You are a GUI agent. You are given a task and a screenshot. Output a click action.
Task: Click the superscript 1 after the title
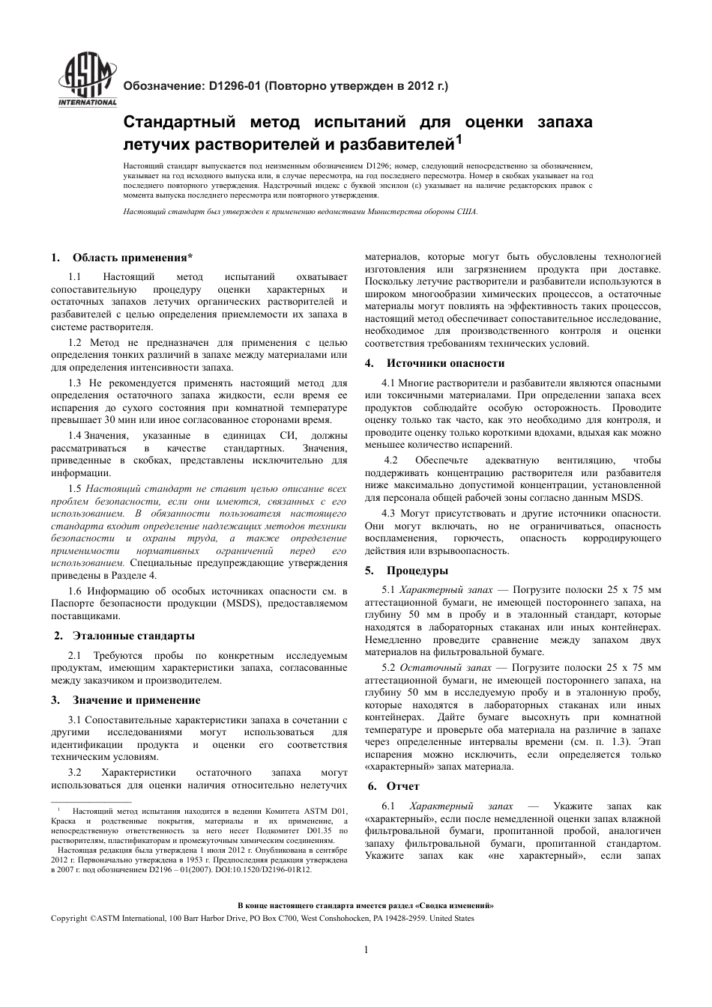[x=459, y=138]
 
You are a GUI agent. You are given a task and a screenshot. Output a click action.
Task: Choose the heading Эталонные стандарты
[x=133, y=636]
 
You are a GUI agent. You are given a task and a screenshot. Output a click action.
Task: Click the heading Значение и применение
[x=136, y=700]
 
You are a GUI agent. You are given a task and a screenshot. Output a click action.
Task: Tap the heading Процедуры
[x=417, y=571]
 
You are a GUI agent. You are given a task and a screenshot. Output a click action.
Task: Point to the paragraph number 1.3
[x=76, y=383]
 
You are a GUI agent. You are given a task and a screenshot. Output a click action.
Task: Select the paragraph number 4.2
[x=390, y=460]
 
